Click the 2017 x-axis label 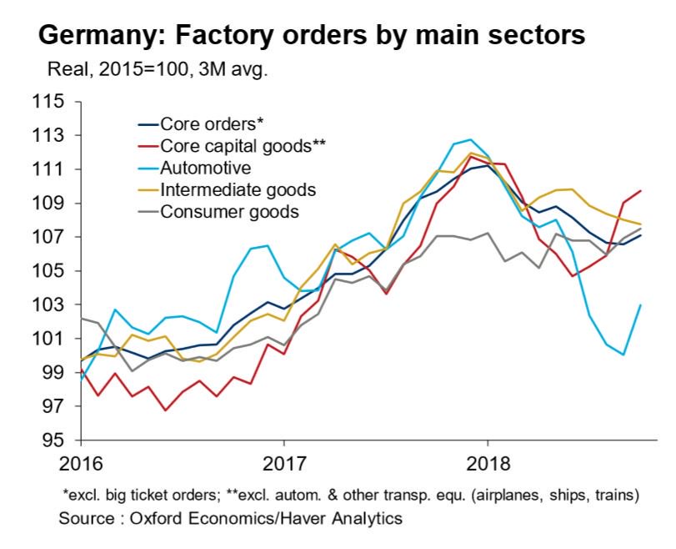[x=283, y=461]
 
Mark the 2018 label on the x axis [x=487, y=461]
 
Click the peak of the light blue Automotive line [x=471, y=139]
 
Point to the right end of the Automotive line [x=640, y=305]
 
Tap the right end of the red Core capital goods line [x=640, y=191]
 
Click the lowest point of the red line [x=165, y=410]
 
